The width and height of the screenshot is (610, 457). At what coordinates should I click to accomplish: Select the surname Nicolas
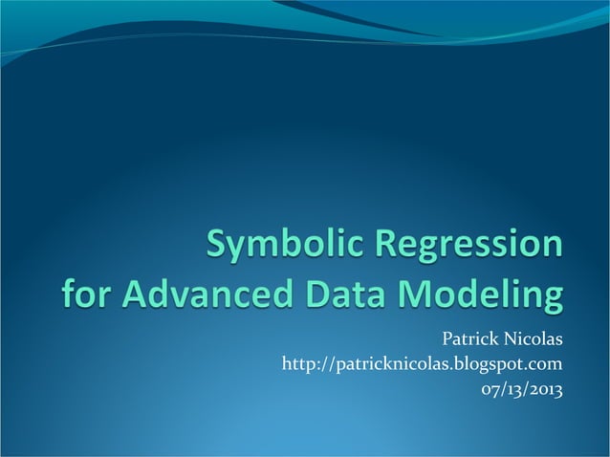point(532,337)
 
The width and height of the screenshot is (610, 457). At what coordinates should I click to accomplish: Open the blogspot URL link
point(421,364)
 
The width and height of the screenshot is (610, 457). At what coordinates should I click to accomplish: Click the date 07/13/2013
point(521,389)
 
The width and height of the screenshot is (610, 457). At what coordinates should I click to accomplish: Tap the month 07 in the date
point(490,389)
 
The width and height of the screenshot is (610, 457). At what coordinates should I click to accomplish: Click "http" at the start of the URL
point(297,364)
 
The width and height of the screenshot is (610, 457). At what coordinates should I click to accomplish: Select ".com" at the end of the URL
point(543,364)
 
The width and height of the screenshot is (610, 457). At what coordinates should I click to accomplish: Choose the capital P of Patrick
point(446,337)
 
